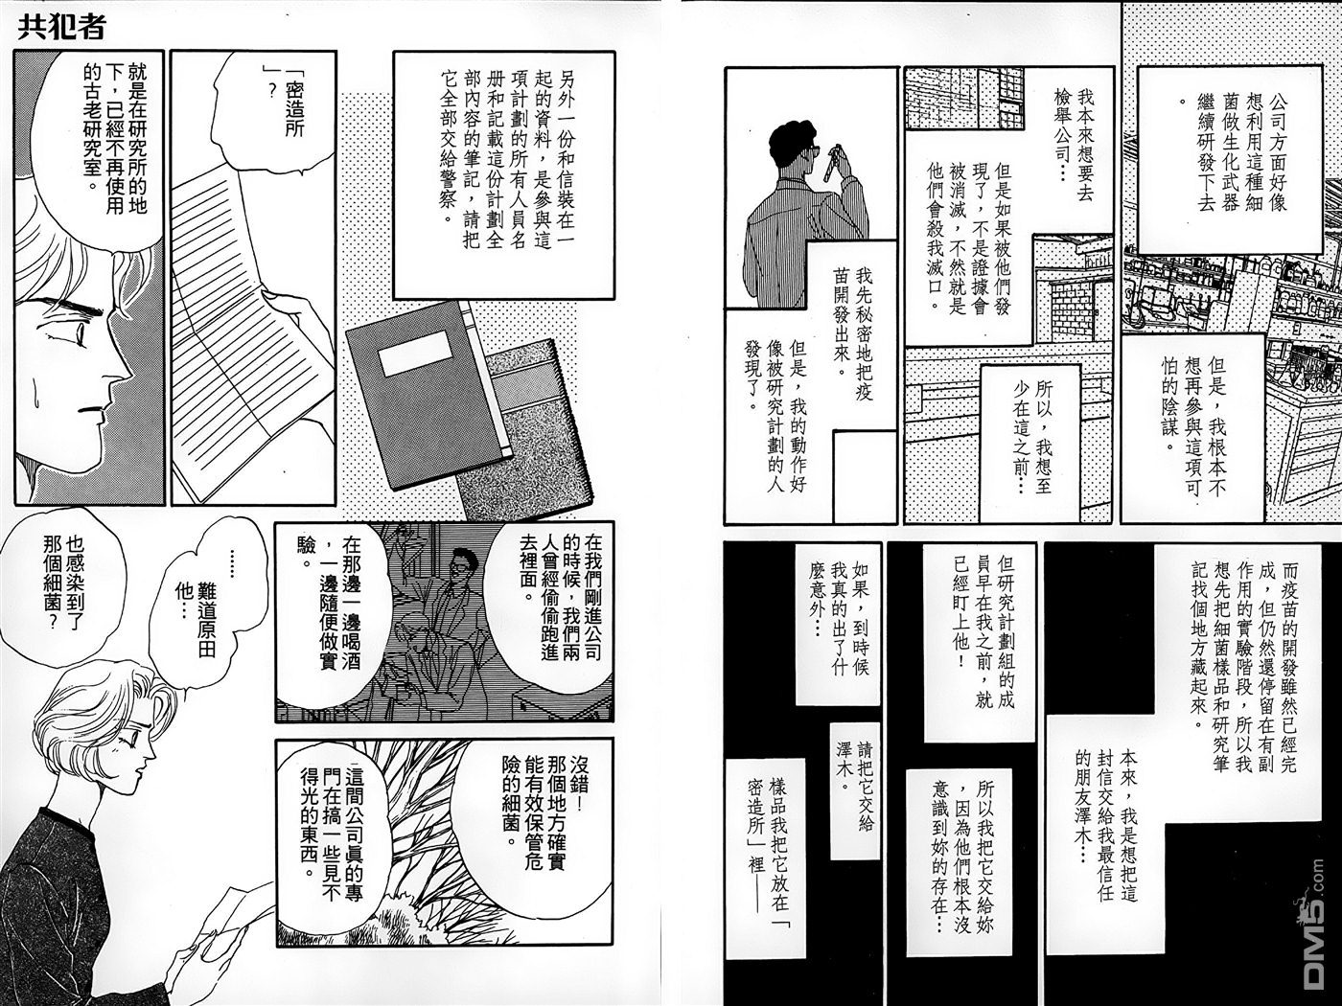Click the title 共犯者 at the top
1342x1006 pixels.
(x=61, y=27)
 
